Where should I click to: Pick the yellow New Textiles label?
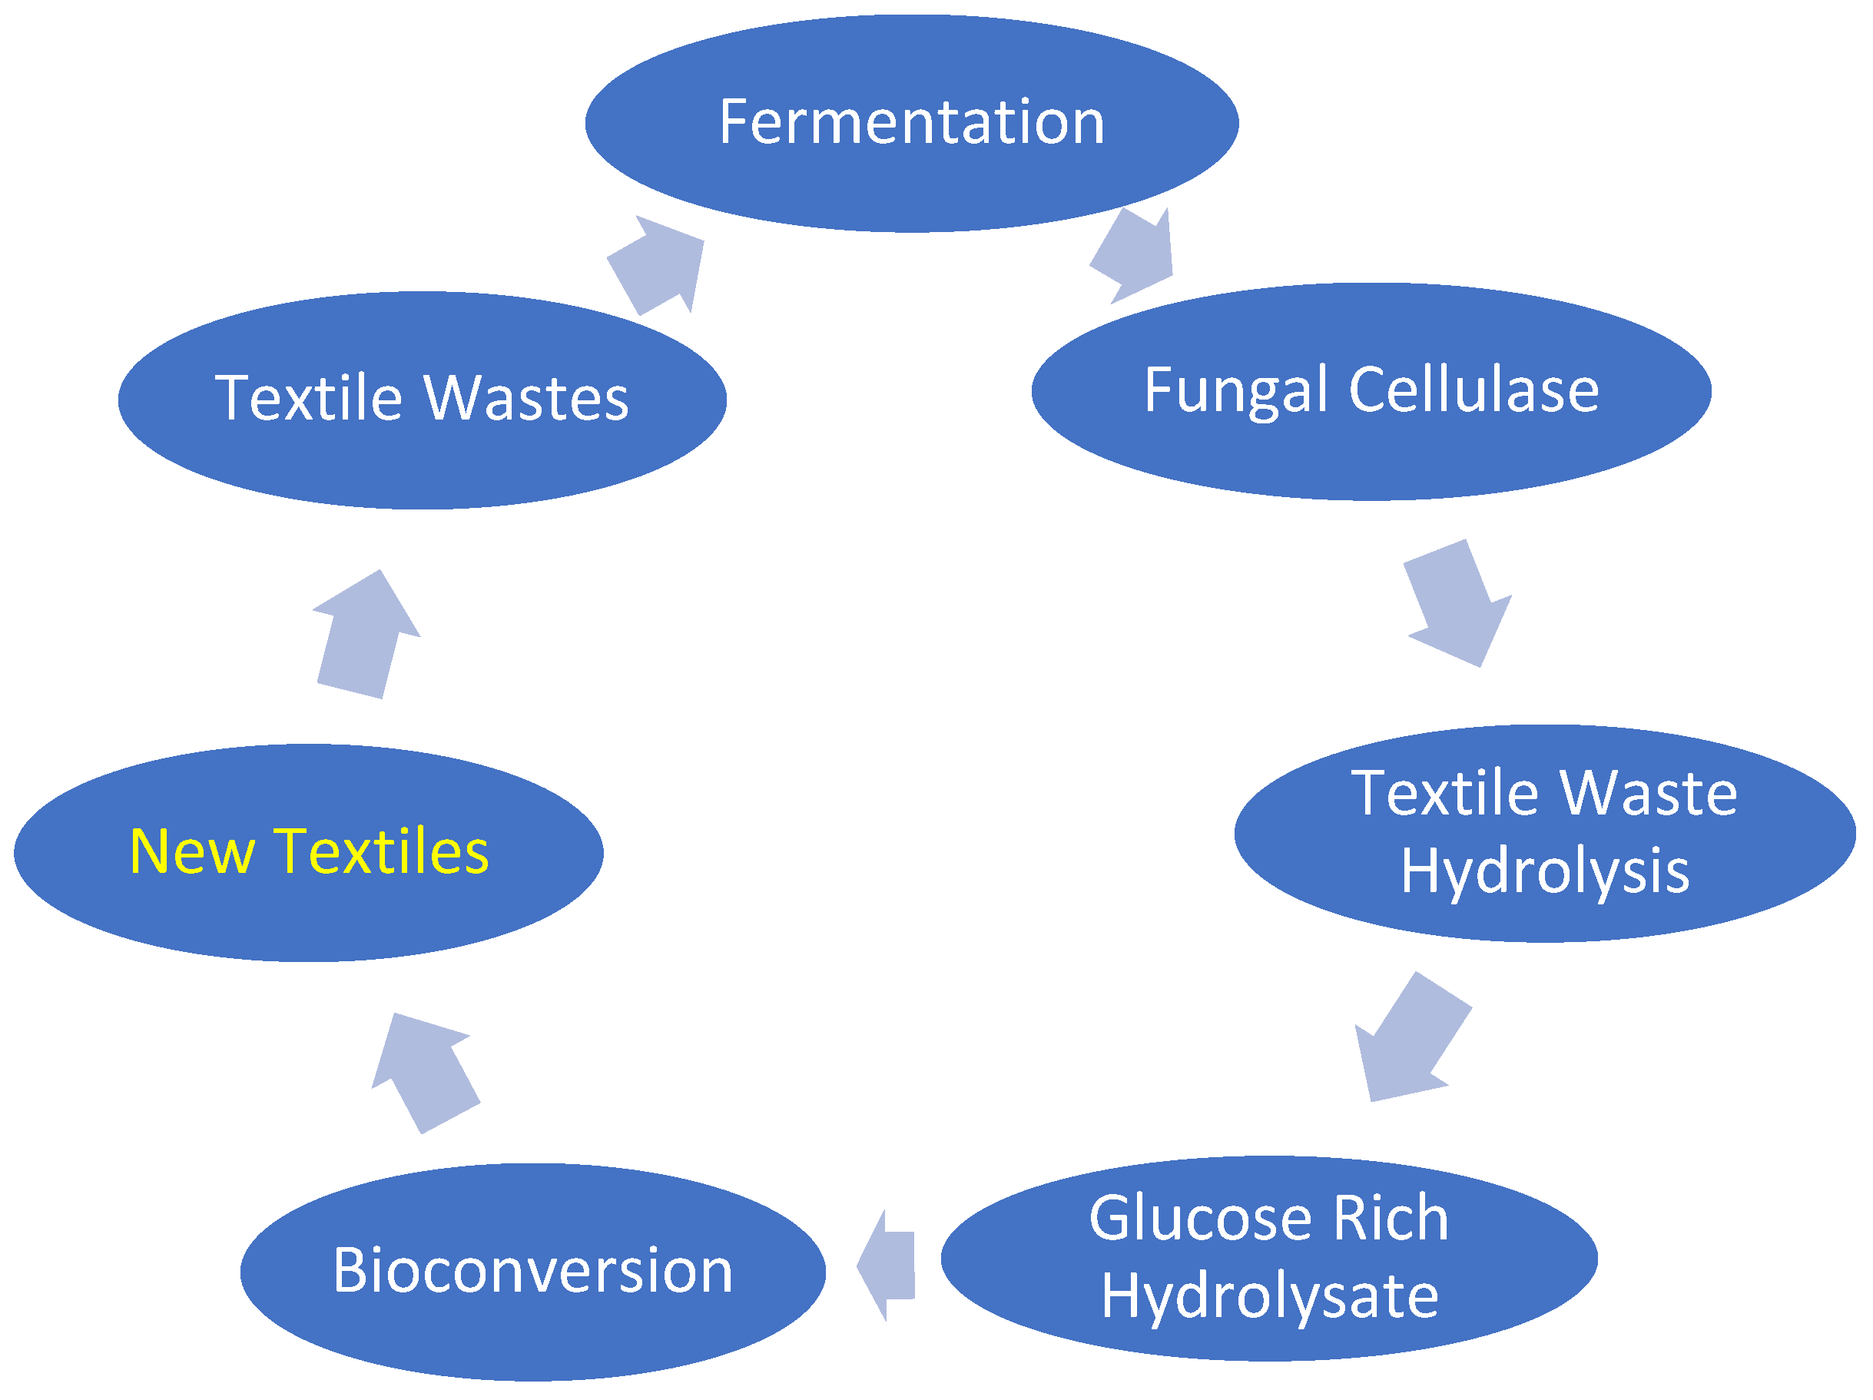309,851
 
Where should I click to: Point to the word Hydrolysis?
1545,871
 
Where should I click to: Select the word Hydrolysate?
1270,1297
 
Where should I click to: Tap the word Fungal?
1235,391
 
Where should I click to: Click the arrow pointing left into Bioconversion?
887,1266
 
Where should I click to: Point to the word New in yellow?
191,851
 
